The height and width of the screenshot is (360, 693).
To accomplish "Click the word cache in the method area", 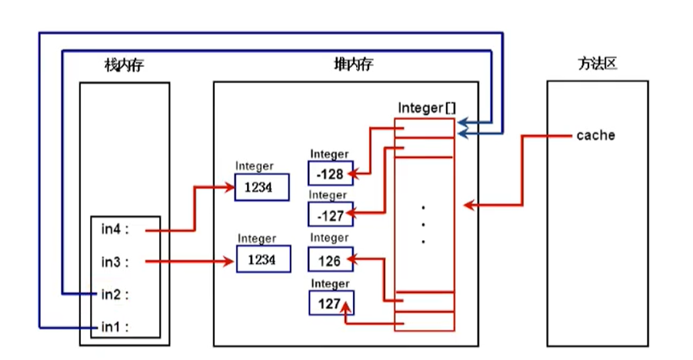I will coord(595,135).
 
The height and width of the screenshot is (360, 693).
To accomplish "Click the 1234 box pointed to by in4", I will coord(263,187).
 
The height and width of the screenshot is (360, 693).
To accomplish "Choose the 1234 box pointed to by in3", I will coord(264,260).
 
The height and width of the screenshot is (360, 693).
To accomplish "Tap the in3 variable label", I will coord(112,262).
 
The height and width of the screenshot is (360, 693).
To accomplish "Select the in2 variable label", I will coord(112,294).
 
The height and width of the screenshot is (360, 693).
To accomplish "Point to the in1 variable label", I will coord(112,327).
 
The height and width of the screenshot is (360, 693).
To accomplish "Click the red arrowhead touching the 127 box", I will coord(347,308).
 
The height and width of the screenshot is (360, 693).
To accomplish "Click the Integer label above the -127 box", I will coord(328,196).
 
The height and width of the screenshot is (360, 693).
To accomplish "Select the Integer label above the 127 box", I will coord(329,284).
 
